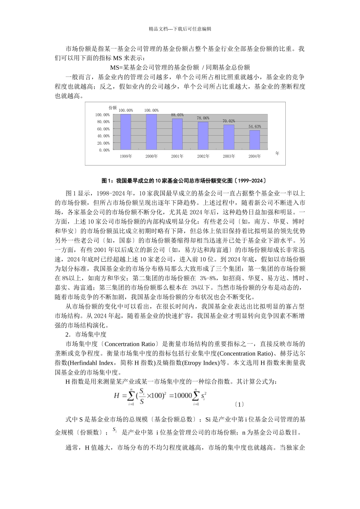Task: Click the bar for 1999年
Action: coord(125,132)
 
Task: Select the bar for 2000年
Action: coord(151,132)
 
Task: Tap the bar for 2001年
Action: coord(177,134)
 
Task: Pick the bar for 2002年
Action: coord(203,136)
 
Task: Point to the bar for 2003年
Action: coord(229,137)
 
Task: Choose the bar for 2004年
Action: coord(254,140)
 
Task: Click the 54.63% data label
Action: coord(255,126)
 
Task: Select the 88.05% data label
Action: coord(177,115)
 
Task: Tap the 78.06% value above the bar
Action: coord(203,118)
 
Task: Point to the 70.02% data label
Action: coord(229,121)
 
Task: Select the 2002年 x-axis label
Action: coord(203,156)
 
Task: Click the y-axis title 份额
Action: coord(113,108)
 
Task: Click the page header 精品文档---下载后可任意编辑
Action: coord(180,29)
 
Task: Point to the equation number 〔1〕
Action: coord(239,404)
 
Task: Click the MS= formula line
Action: coord(180,67)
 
